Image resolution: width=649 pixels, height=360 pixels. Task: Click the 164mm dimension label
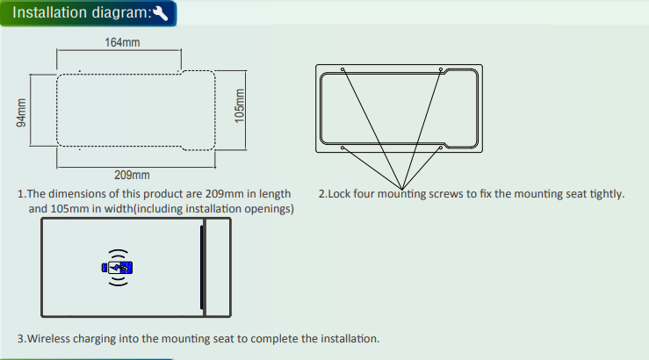(x=122, y=42)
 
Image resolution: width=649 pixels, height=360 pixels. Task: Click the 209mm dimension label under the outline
(x=132, y=175)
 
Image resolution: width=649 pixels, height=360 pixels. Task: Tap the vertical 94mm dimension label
(x=21, y=112)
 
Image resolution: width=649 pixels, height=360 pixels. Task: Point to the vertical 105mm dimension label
(x=239, y=106)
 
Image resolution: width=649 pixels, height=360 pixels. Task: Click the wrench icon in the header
(x=161, y=13)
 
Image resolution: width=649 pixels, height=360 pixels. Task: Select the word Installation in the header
(x=50, y=12)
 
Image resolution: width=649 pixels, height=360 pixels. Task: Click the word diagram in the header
(x=119, y=13)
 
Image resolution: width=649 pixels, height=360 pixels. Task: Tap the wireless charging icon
(x=118, y=268)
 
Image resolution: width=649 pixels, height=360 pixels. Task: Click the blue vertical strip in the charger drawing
(x=202, y=267)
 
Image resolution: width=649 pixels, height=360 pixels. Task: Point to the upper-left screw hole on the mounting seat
(x=343, y=69)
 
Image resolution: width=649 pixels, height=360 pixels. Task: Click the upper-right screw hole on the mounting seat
(x=441, y=69)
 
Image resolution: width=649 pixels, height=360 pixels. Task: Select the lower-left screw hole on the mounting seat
(x=343, y=148)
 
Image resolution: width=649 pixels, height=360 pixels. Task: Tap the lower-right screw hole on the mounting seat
(x=441, y=148)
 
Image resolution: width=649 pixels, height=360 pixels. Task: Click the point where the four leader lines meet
(x=401, y=190)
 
